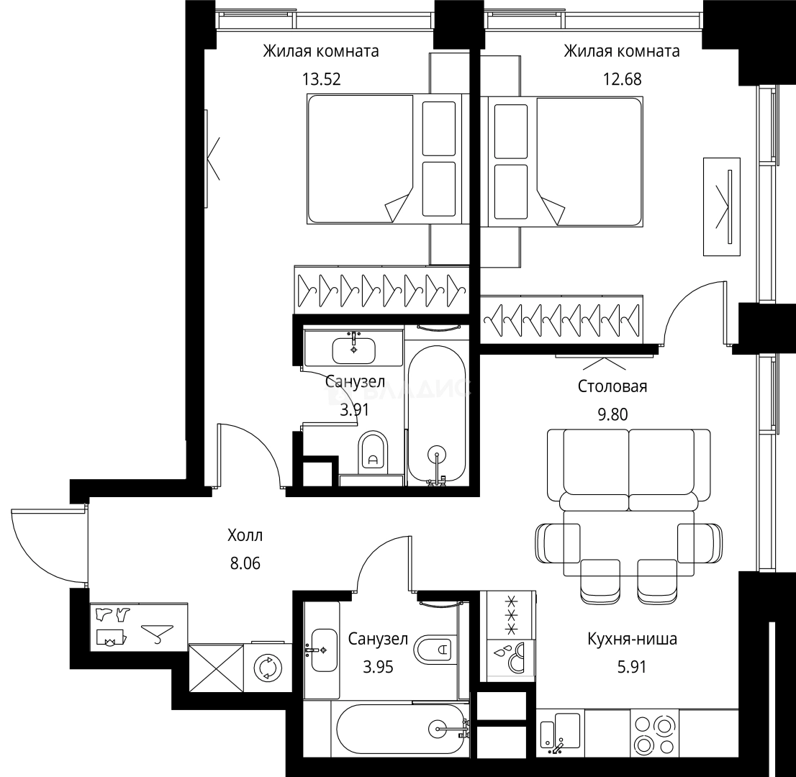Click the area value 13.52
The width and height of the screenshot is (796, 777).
[321, 79]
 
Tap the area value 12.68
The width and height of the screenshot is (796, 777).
[623, 79]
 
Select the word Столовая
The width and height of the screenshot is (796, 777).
[612, 386]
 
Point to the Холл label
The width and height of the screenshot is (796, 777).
[245, 535]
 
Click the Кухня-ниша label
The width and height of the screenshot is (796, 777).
[632, 638]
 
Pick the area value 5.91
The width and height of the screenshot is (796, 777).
[632, 666]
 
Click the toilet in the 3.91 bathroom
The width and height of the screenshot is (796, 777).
[373, 451]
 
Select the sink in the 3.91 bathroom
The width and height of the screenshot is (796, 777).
[354, 350]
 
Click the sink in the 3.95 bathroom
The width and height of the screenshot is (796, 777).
[324, 650]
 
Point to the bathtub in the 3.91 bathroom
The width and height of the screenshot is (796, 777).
[437, 414]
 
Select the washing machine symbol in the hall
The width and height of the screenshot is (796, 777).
[267, 668]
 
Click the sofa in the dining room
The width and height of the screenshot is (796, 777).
[629, 471]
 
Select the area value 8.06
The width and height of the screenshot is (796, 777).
[245, 563]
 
